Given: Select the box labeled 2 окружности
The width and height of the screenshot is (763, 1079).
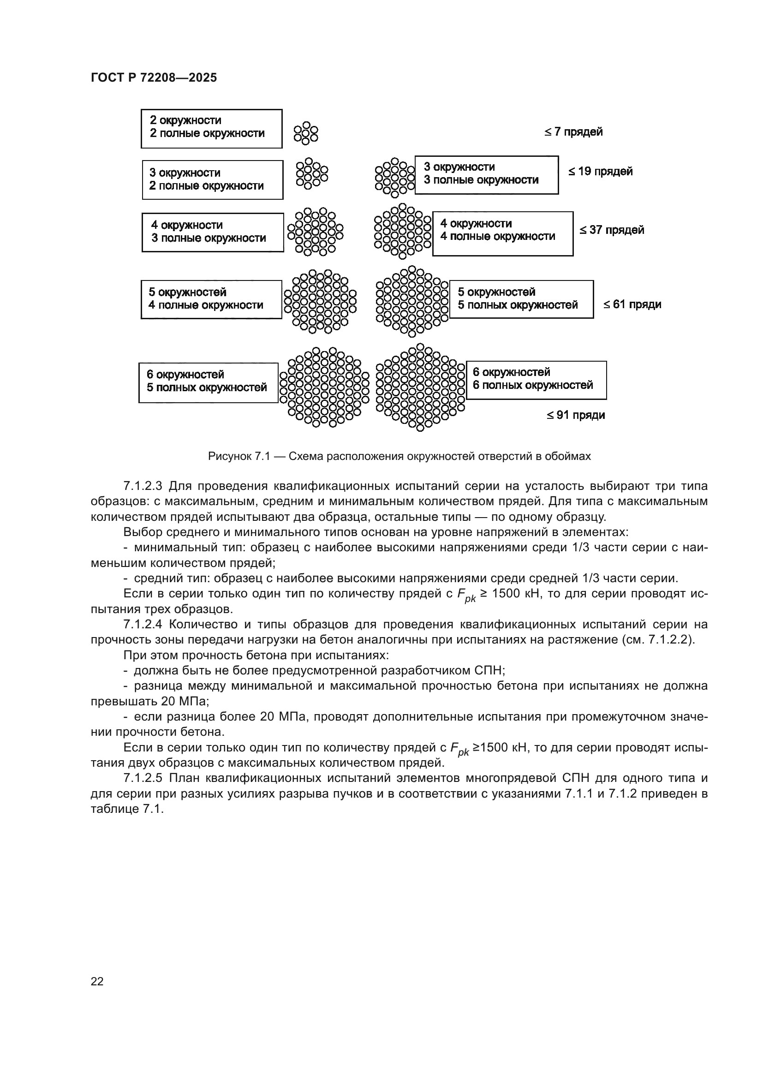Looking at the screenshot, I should click(211, 128).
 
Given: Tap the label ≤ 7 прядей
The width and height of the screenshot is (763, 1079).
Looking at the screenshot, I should click(574, 132).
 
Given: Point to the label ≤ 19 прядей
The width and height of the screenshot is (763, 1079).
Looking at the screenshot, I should click(601, 172).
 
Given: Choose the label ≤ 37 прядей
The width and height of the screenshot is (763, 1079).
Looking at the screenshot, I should click(611, 230).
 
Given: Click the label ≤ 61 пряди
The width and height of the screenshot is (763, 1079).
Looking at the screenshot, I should click(632, 304).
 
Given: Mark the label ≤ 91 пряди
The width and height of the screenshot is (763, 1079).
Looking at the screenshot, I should click(576, 416).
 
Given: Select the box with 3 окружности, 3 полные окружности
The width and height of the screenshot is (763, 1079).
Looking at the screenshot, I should click(486, 174).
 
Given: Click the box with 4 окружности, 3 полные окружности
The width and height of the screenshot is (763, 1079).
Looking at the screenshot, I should click(212, 232).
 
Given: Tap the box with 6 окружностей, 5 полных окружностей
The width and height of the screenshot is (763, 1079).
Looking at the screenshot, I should click(208, 382).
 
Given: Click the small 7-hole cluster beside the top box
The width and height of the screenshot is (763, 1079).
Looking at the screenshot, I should click(306, 133).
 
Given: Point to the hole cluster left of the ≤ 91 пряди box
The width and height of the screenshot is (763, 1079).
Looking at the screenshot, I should click(421, 387).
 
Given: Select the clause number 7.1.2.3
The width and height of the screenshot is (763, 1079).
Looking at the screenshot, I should click(143, 486).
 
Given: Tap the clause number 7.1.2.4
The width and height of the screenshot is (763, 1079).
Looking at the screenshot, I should click(143, 625).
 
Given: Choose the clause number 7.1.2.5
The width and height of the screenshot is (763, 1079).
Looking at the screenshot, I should click(143, 778).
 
